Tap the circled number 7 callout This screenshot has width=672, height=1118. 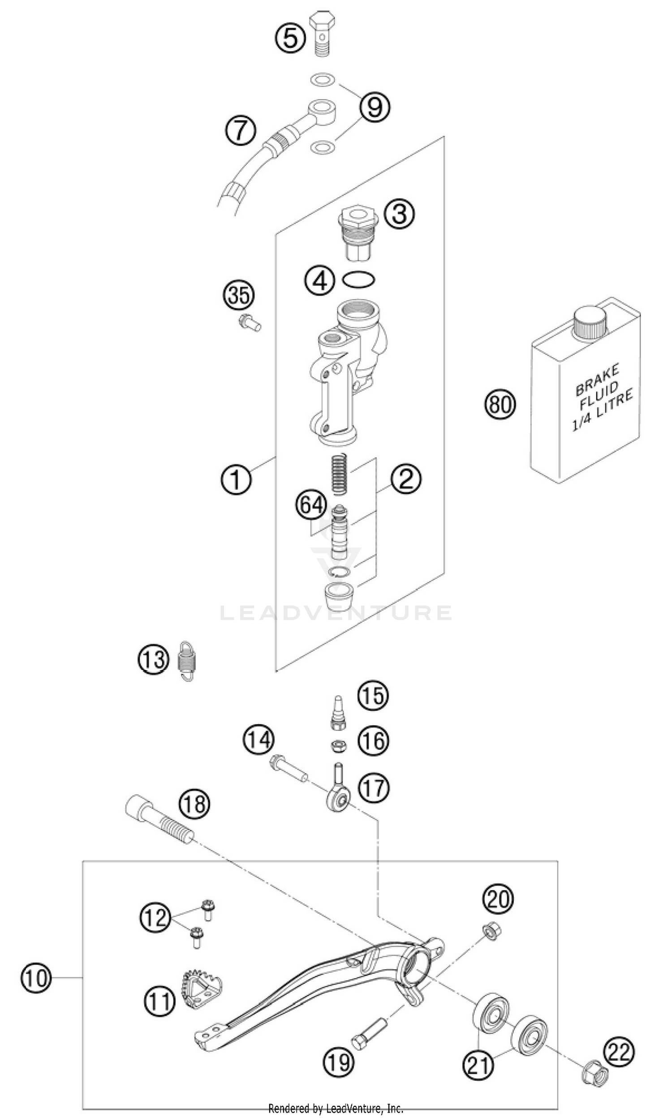tap(241, 131)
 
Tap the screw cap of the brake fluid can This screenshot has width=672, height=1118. tap(590, 323)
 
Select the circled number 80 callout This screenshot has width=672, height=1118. tap(501, 404)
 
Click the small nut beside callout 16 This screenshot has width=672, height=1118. tap(338, 747)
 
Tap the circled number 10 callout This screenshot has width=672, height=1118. tap(36, 979)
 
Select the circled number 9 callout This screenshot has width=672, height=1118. tap(375, 107)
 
